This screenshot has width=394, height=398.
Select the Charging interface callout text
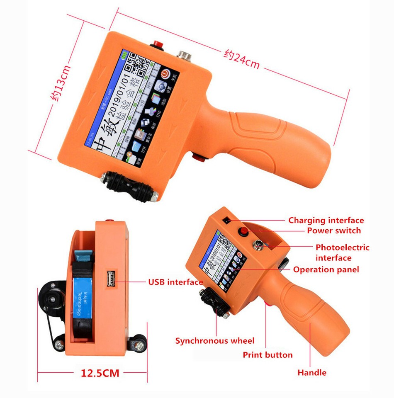pos(326,220)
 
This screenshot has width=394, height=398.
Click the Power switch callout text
pos(334,231)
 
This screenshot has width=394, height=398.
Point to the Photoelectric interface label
pos(342,252)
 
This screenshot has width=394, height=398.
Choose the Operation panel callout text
pos(326,269)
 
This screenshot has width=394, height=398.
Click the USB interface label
pos(175,282)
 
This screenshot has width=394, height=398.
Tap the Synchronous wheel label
pos(214,341)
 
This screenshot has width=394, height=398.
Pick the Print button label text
pos(268,355)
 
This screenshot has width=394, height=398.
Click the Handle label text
pos(312,373)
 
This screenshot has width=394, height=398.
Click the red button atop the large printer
pos(158,44)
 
